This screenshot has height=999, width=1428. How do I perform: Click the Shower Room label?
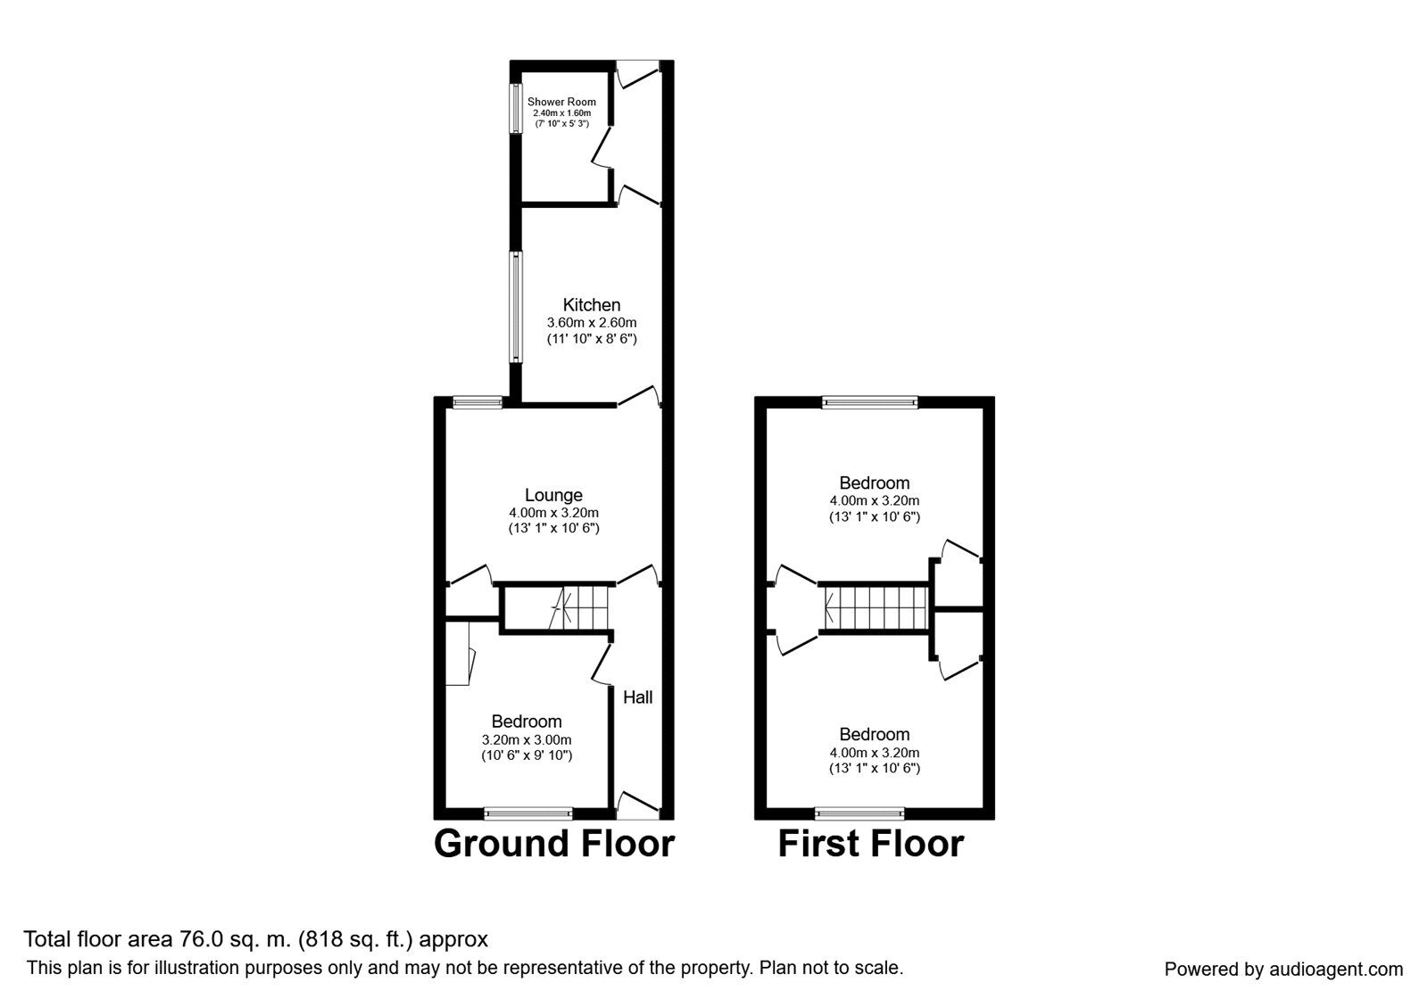pos(561,102)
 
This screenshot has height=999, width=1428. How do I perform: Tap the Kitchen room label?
pos(591,305)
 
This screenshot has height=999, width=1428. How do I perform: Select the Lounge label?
pos(553,495)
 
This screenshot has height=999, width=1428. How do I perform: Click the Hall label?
pos(637,698)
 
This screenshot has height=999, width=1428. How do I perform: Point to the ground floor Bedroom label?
pos(527,722)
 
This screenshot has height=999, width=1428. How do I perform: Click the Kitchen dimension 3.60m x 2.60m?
pos(591,323)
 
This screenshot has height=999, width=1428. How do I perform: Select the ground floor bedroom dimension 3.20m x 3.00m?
pos(527,739)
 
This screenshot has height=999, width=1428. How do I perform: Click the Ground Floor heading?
pos(553,843)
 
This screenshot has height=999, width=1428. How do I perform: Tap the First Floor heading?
pos(870,843)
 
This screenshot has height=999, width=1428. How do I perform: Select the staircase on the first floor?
pos(875,608)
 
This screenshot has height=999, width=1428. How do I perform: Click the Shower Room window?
pos(516,109)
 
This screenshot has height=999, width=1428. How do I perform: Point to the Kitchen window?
pos(516,307)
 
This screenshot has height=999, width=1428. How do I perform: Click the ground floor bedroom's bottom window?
pos(527,813)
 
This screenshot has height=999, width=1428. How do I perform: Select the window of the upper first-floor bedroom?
pos(869,402)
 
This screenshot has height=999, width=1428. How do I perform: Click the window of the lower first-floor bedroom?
pos(860,813)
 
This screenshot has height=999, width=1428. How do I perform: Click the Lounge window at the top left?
pos(477,402)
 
